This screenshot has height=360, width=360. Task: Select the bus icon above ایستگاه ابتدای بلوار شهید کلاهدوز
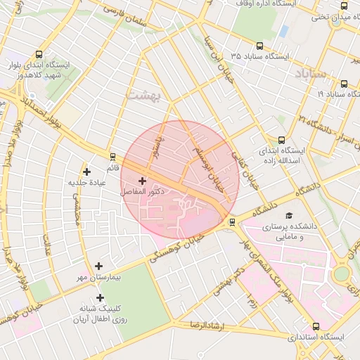pyautogui.click(x=39, y=54)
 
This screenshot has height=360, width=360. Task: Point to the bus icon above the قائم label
pyautogui.click(x=112, y=156)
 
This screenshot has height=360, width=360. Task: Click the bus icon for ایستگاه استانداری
pyautogui.click(x=316, y=326)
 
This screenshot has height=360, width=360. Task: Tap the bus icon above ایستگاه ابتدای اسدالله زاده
pyautogui.click(x=282, y=140)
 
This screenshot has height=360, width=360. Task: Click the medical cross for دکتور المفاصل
pyautogui.click(x=143, y=181)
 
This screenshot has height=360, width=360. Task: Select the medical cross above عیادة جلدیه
pyautogui.click(x=86, y=172)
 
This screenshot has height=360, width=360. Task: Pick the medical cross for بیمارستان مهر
pyautogui.click(x=98, y=266)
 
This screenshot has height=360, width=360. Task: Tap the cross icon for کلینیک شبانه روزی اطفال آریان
pyautogui.click(x=99, y=297)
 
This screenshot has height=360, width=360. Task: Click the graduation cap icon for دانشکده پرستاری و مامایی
pyautogui.click(x=288, y=215)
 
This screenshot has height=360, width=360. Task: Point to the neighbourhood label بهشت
pyautogui.click(x=143, y=94)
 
